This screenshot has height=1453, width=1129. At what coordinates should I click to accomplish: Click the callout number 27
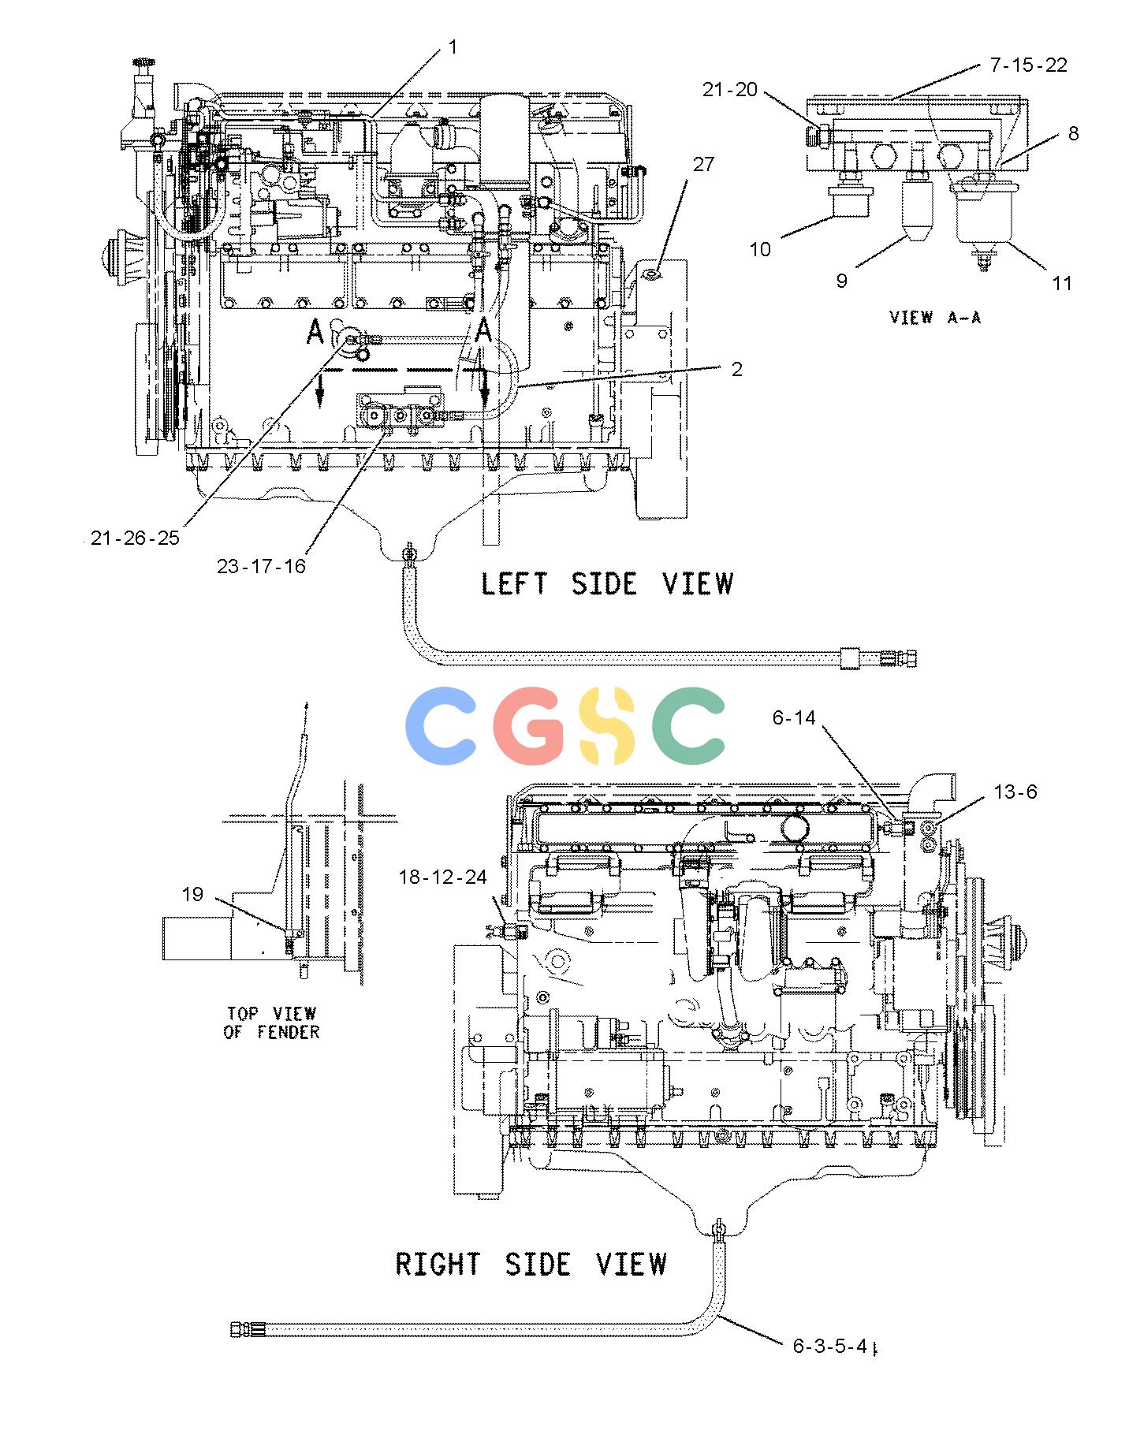(x=703, y=164)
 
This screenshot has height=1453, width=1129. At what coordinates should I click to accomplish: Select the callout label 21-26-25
(x=135, y=538)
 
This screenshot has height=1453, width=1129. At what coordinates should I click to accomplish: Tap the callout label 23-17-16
(x=261, y=565)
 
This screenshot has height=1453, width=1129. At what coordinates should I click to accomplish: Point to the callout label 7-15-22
(x=1029, y=65)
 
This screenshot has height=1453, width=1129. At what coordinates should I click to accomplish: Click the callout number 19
(x=192, y=894)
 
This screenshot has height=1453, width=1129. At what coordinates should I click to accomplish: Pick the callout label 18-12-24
(x=442, y=877)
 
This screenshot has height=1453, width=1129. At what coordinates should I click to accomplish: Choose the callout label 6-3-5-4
(x=831, y=1346)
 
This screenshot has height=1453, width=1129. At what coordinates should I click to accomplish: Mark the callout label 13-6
(x=1015, y=792)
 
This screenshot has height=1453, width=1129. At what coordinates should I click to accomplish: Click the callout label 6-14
(x=794, y=717)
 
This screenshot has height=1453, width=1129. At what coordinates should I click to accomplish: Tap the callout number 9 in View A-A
(x=841, y=281)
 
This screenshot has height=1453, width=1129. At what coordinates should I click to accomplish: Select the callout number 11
(x=1062, y=282)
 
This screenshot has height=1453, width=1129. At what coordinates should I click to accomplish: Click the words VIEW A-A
(x=935, y=318)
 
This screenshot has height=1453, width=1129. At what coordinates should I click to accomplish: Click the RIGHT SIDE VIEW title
(x=531, y=1264)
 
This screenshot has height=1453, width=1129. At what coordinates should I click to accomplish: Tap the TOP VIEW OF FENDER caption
(x=272, y=1023)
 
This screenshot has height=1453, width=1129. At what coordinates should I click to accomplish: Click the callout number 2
(x=736, y=369)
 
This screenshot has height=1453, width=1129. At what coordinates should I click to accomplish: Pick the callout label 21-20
(x=729, y=90)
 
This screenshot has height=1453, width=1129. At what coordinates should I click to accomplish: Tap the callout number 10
(x=759, y=249)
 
